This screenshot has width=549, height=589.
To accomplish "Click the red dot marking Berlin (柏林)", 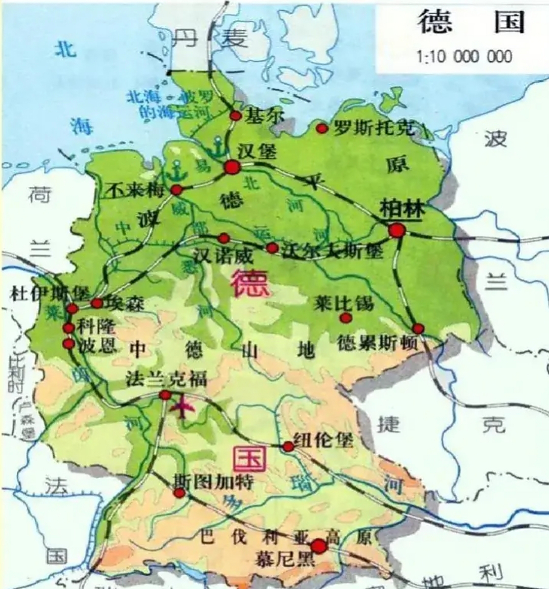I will click(x=397, y=230).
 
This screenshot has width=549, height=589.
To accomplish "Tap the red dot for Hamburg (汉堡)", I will click(x=232, y=167).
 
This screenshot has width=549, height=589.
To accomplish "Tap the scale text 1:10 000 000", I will click(x=464, y=57).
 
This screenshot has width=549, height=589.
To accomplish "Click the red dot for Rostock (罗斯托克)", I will click(x=322, y=128).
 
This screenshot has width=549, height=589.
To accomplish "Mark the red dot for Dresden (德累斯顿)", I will click(x=418, y=329).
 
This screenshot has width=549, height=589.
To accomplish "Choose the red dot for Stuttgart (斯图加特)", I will click(x=179, y=493).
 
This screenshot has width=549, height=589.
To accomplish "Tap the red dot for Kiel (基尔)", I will click(x=235, y=115).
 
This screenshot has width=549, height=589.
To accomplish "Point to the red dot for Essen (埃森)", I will click(x=97, y=303).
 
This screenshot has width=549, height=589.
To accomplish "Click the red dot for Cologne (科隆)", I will click(x=69, y=328).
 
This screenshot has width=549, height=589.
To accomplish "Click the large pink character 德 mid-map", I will click(x=250, y=283).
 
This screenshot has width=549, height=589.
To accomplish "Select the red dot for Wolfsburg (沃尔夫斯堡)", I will click(x=272, y=248).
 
